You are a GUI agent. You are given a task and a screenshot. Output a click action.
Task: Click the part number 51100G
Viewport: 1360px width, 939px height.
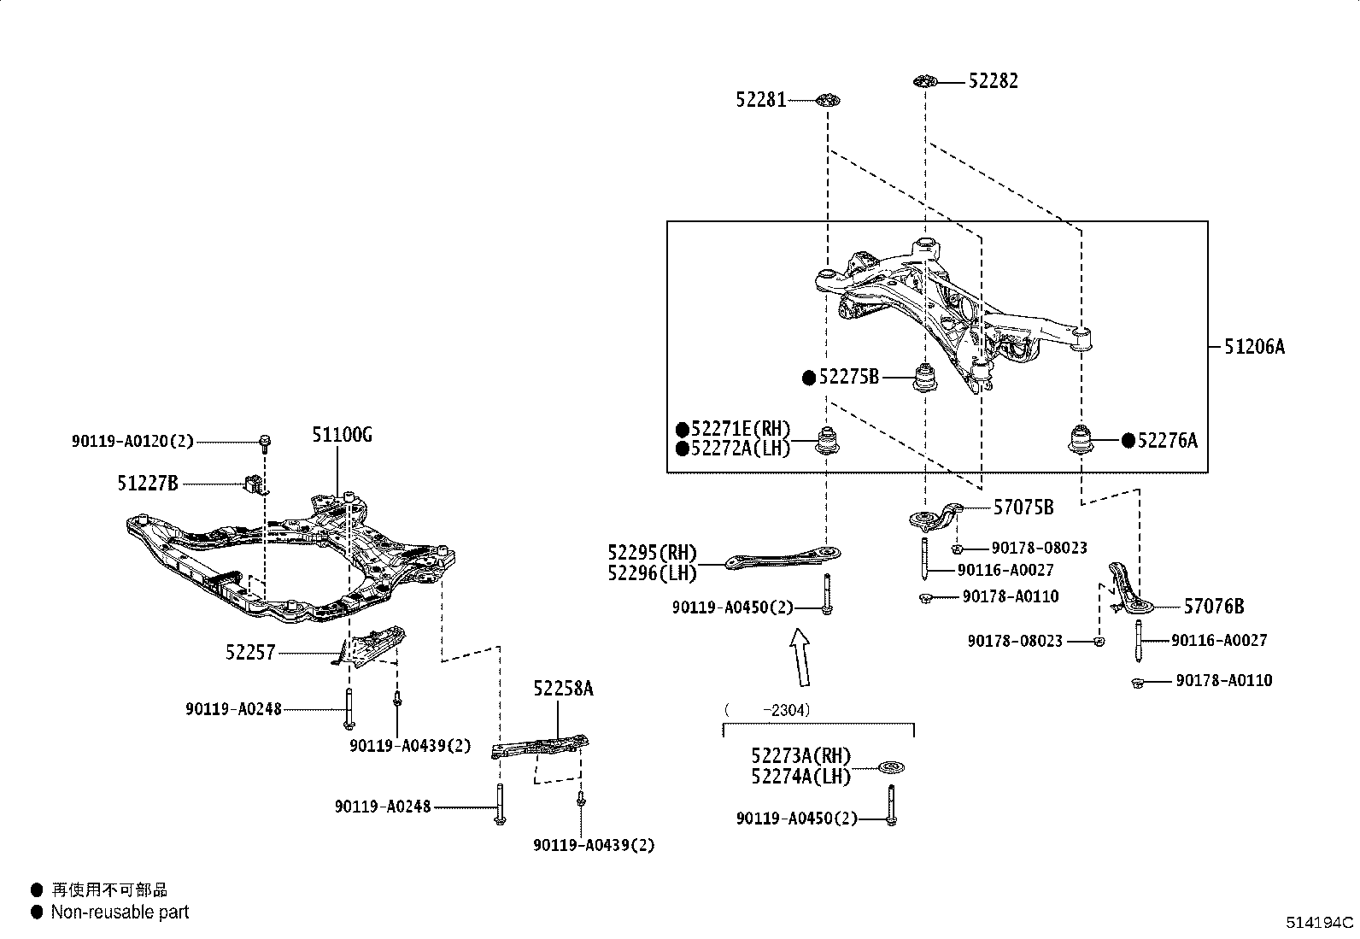point(341,436)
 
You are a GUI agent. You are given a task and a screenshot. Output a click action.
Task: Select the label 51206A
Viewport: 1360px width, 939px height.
point(1254,346)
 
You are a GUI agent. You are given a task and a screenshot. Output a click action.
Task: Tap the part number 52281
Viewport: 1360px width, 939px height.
point(760,100)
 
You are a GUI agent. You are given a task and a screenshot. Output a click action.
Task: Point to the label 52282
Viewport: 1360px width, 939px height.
point(993,81)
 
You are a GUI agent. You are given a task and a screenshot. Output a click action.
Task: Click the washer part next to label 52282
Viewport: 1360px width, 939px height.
point(923,81)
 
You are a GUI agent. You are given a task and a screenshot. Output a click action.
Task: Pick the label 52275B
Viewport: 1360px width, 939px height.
point(848,377)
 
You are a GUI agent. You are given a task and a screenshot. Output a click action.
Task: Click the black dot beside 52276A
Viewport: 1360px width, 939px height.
point(1128,440)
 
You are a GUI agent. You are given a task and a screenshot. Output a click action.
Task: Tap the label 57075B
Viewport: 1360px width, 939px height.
point(1023,508)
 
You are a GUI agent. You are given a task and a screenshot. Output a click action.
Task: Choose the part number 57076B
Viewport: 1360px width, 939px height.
point(1213,607)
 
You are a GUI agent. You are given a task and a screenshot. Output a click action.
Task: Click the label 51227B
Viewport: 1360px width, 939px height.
point(148,484)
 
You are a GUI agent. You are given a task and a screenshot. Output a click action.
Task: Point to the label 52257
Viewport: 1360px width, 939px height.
point(250,653)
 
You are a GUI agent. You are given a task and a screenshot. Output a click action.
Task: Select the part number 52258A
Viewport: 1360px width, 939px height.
point(563,689)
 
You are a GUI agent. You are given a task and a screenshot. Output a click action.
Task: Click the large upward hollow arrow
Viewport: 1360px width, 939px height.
point(800,657)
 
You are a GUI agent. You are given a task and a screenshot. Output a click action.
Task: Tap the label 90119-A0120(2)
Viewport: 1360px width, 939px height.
point(132,442)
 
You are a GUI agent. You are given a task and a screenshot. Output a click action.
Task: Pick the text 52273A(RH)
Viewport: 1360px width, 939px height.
point(801,755)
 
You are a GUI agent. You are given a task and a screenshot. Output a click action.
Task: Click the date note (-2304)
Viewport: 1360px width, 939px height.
point(767,709)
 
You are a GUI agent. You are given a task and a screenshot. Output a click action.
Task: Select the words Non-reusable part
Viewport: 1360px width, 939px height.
point(120,913)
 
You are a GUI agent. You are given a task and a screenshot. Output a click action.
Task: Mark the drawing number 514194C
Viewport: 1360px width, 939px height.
point(1320,923)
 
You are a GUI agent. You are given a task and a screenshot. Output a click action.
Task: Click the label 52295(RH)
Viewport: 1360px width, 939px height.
point(652,553)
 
